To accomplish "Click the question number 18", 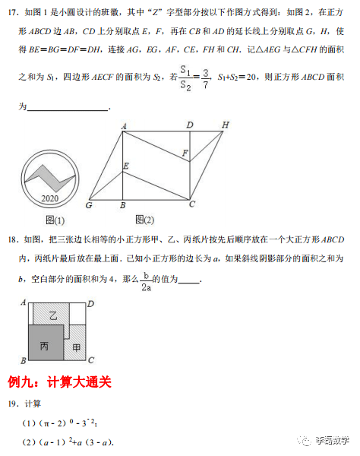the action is coord(11,240).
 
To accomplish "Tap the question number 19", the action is coord(11,404).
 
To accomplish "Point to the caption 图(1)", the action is coord(53,220).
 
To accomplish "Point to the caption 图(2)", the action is coord(144,220).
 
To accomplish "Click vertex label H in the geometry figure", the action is coord(226,125).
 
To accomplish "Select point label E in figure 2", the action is coord(126,165).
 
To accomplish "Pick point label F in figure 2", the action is coord(184,154).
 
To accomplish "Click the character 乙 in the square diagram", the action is coord(52,314).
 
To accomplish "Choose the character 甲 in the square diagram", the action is coord(77,347).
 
